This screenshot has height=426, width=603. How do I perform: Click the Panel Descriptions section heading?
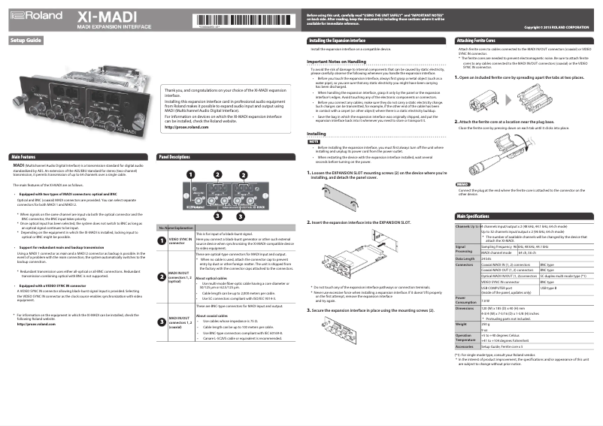(174, 156)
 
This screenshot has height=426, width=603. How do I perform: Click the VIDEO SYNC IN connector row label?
(171, 240)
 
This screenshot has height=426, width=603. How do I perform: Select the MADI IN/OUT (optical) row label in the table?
(171, 276)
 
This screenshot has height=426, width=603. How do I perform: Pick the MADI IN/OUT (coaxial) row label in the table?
(171, 323)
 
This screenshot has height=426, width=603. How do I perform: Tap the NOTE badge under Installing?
(314, 141)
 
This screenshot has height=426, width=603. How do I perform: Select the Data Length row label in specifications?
(465, 258)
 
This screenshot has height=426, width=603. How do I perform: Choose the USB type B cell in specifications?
(549, 288)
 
